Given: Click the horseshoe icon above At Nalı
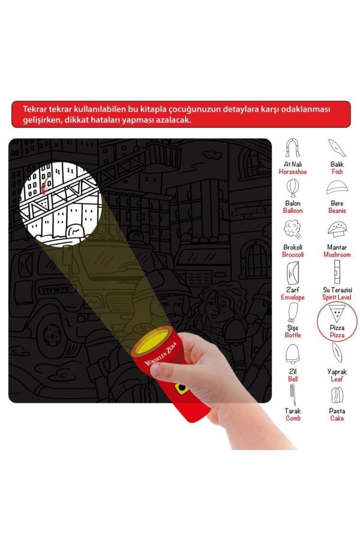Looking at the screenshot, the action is tap(292, 148).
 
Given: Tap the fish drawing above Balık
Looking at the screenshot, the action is tap(337, 148).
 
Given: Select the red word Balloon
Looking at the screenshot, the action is tap(293, 211).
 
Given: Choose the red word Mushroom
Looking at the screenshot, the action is tap(337, 255).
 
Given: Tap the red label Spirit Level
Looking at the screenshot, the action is tap(337, 297).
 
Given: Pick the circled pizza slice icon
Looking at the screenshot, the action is tap(337, 313).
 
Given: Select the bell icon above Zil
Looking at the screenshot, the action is tap(293, 354).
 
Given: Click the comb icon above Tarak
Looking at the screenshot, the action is tap(293, 395).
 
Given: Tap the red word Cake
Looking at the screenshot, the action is tap(337, 418).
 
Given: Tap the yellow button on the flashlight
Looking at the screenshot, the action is tap(181, 388).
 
